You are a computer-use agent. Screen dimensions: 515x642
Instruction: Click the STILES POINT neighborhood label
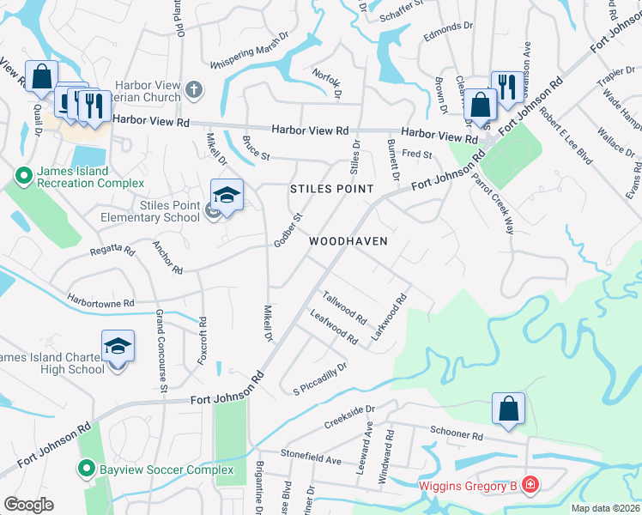(331, 188)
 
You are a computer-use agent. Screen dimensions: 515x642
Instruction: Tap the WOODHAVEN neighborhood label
(348, 241)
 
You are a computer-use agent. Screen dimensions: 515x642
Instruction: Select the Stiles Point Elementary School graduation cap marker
(227, 195)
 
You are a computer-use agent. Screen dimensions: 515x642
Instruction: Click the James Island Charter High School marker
(118, 347)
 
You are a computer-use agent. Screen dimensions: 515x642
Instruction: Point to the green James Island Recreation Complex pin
(22, 176)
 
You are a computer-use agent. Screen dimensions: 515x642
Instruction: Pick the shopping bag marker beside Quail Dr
(40, 76)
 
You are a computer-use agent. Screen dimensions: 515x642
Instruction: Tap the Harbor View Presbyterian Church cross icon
(195, 88)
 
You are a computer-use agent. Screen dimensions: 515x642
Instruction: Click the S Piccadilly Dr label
(319, 375)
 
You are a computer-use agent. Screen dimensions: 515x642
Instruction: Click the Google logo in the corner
(28, 505)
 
